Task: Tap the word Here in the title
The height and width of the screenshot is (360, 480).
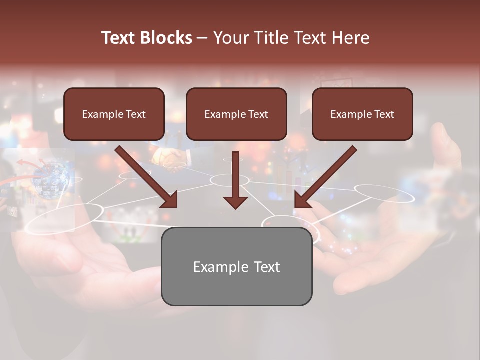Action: [350, 38]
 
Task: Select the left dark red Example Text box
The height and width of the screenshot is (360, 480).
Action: [114, 114]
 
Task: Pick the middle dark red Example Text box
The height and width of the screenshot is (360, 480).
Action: [236, 114]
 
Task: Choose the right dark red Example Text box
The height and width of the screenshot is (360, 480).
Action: [362, 114]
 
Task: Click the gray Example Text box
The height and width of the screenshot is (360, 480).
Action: [236, 267]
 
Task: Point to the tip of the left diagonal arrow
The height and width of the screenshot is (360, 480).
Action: [176, 206]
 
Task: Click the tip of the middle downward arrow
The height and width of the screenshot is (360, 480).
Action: [235, 208]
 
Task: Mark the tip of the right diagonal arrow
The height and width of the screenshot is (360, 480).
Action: [296, 206]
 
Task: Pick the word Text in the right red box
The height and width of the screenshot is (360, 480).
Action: [384, 114]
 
